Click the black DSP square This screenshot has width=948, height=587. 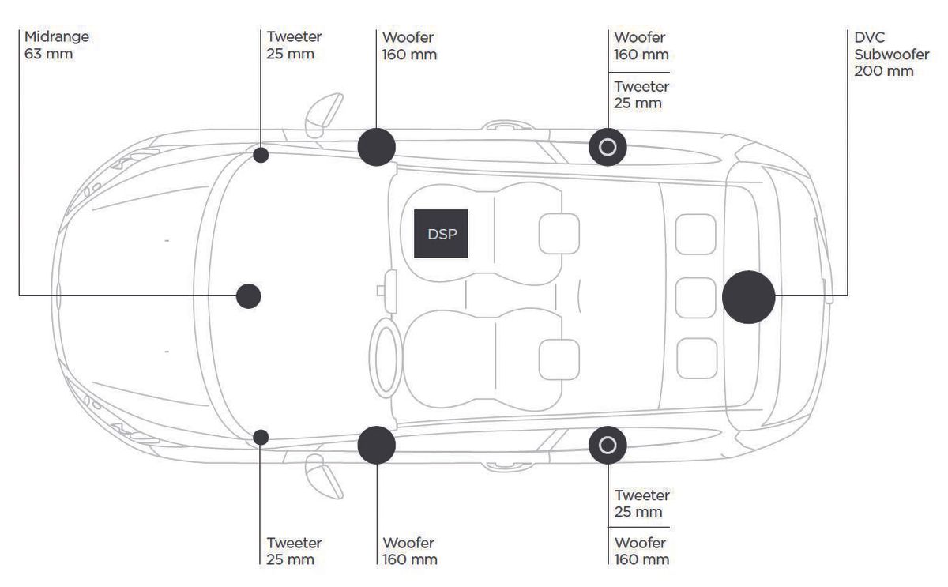pyautogui.click(x=441, y=234)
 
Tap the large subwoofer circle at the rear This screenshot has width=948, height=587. pyautogui.click(x=748, y=296)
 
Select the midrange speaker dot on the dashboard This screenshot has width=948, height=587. pyautogui.click(x=249, y=295)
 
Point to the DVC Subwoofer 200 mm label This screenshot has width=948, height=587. pyautogui.click(x=885, y=54)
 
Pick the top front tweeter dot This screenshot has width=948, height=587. pyautogui.click(x=261, y=155)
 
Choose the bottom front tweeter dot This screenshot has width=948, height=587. pyautogui.click(x=261, y=437)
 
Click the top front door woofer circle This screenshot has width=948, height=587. pyautogui.click(x=376, y=147)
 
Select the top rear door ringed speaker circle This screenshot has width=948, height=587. pyautogui.click(x=608, y=147)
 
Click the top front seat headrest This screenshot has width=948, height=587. pyautogui.click(x=559, y=235)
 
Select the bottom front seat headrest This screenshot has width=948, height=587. pyautogui.click(x=559, y=357)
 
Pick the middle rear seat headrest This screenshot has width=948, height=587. pyautogui.click(x=696, y=296)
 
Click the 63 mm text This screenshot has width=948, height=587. pyautogui.click(x=45, y=55)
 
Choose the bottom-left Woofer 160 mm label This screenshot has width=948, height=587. pyautogui.click(x=410, y=551)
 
